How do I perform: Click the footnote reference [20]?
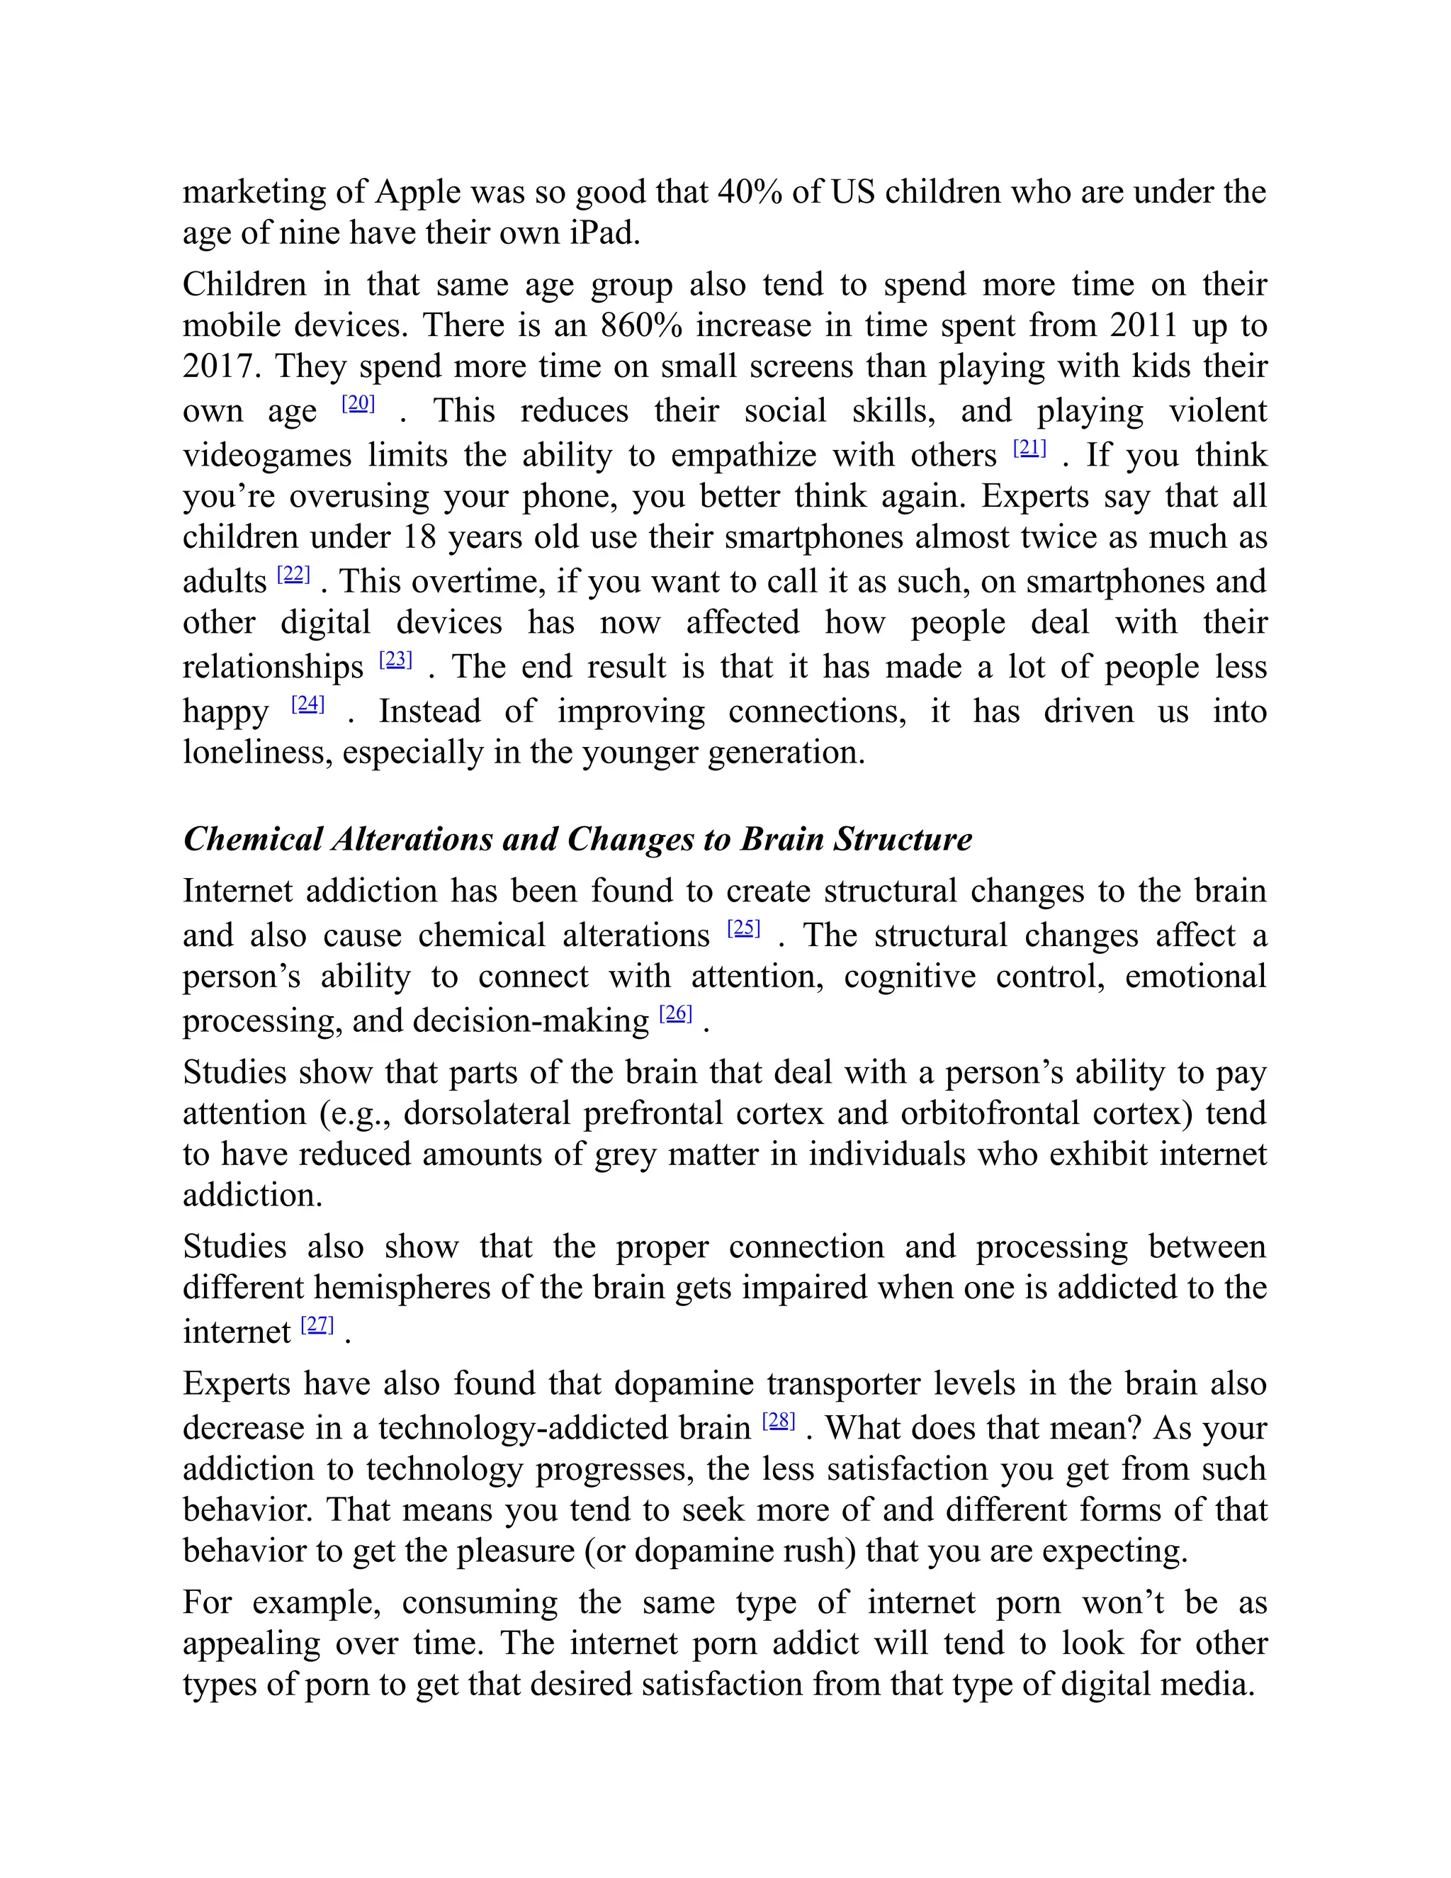(x=358, y=403)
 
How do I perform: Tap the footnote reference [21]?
(x=1029, y=447)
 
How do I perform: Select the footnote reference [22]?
(x=293, y=573)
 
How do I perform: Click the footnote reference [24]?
(x=307, y=704)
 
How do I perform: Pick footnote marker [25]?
(x=743, y=927)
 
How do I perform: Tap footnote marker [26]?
(x=676, y=1013)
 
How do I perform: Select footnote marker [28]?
(x=778, y=1420)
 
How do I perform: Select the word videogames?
(x=266, y=455)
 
